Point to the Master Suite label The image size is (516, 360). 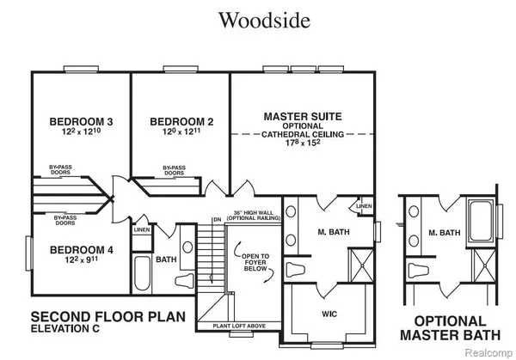pyautogui.click(x=304, y=114)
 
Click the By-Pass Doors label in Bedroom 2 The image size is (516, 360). pyautogui.click(x=174, y=171)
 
